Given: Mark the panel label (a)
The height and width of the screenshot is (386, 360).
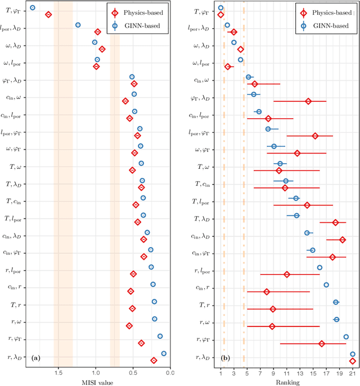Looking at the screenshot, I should (35, 358).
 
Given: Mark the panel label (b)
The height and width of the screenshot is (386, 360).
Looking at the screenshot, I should (225, 358).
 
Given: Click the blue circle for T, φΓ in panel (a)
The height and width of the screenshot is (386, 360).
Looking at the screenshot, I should (32, 8).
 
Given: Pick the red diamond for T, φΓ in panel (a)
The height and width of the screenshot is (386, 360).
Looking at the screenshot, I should (48, 15).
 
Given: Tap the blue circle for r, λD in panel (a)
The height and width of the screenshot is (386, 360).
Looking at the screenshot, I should (164, 353).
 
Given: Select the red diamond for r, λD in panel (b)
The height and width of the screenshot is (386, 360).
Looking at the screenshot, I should (353, 361).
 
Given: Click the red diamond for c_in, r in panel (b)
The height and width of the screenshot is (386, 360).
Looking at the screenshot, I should (267, 291).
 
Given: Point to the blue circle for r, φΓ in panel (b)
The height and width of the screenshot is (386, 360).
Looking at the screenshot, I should (346, 336).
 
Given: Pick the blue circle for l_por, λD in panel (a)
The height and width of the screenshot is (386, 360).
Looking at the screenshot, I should (78, 25).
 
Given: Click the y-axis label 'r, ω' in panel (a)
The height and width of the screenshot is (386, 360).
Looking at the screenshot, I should (14, 322).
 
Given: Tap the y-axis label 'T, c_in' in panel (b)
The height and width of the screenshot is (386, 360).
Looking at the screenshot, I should (203, 184).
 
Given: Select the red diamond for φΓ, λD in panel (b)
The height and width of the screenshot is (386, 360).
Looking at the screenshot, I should (308, 101).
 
